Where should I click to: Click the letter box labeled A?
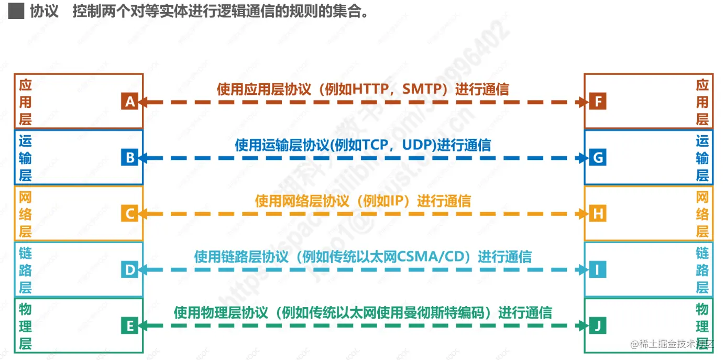click(129, 102)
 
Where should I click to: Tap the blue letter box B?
click(129, 158)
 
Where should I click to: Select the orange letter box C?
click(129, 214)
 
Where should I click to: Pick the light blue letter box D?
click(129, 270)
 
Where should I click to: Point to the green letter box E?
click(129, 326)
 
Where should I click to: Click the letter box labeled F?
click(598, 102)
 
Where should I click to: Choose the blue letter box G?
click(598, 158)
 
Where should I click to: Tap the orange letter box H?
click(598, 214)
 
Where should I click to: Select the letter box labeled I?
click(598, 270)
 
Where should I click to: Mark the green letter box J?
click(598, 326)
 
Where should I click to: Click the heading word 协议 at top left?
click(44, 12)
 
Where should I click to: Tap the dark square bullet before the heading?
click(16, 12)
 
